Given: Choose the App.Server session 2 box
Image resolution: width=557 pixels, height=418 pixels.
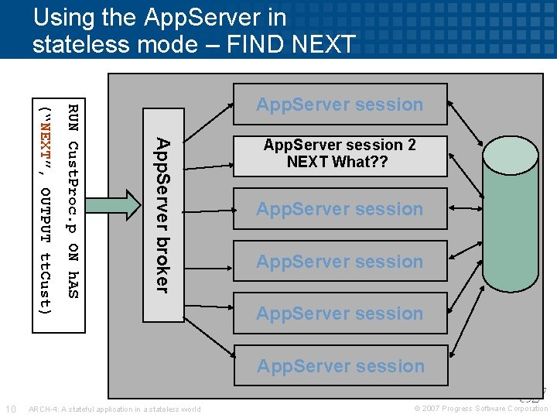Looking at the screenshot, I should (340, 153).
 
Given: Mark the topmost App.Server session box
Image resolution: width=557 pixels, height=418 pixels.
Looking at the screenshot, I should (340, 104).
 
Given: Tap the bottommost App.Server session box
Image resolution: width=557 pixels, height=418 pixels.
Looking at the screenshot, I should (340, 365).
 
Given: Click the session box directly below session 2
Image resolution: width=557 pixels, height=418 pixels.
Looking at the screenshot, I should (340, 209).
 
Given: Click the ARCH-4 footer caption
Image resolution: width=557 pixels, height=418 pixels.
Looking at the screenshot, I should (114, 409).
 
